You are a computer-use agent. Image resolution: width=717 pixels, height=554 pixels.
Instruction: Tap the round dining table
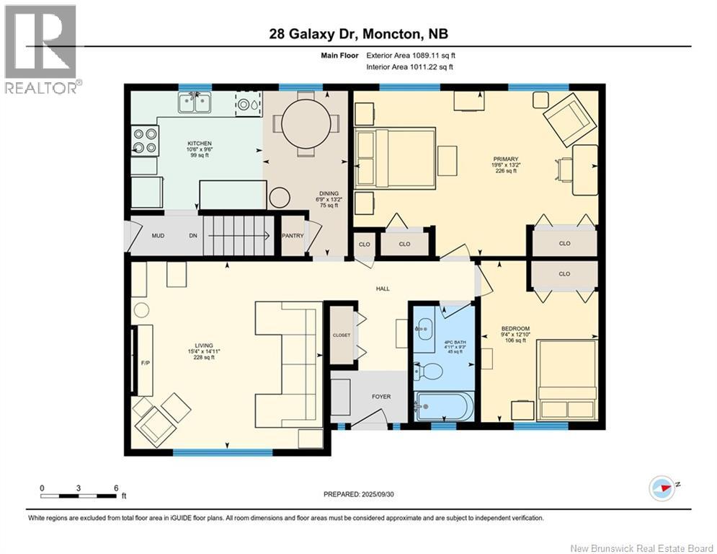pos(309,124)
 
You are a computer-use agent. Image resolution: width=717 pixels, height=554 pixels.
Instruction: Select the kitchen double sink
pos(195,103)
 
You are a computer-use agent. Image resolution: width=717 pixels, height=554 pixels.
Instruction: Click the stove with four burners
pos(144,141)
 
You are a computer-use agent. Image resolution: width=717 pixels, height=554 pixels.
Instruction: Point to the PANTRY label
pos(293,235)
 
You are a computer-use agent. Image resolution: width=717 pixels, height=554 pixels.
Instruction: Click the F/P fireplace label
pos(144,364)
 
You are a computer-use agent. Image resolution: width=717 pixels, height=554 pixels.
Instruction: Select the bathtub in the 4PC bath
pos(444,407)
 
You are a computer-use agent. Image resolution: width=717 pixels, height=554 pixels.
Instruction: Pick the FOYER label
pos(381,396)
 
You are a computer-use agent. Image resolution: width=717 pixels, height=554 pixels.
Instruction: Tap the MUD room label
pos(159,236)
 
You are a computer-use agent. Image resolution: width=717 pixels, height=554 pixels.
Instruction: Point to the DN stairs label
pos(193,236)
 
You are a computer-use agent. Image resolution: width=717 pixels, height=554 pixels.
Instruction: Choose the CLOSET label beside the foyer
pos(342,334)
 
